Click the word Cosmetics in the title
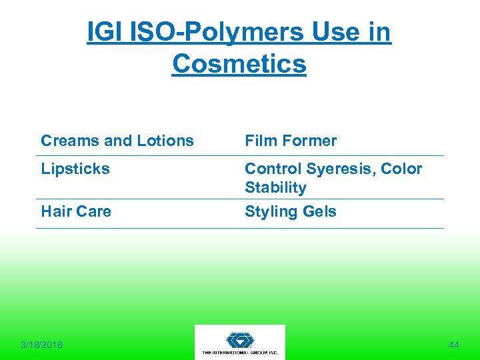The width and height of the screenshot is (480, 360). (x=239, y=64)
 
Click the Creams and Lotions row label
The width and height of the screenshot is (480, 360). (x=117, y=141)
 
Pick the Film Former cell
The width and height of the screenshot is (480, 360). (x=291, y=141)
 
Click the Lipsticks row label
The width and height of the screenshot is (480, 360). (x=75, y=169)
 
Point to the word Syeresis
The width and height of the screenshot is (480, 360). (x=340, y=169)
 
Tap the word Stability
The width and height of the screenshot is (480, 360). (x=275, y=187)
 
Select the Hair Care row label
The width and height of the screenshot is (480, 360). (x=76, y=211)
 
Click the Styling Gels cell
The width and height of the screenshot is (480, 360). (x=291, y=211)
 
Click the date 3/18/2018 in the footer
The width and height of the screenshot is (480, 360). (x=41, y=345)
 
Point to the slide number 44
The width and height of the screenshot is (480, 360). (x=454, y=345)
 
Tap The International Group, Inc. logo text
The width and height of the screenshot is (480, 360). (x=240, y=352)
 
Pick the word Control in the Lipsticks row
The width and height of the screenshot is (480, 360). (x=272, y=169)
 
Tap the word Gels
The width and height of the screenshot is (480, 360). (x=319, y=211)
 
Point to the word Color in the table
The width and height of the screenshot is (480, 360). (x=401, y=169)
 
